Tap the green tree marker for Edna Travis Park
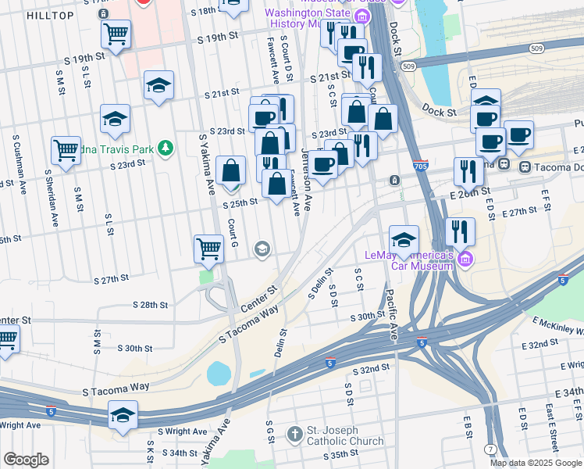click(165, 148)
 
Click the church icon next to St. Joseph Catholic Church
click(294, 433)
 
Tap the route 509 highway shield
click(409, 67)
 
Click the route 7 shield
click(489, 447)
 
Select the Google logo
click(25, 460)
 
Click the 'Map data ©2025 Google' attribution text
click(536, 463)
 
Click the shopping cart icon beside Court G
click(208, 249)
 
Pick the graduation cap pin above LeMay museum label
click(404, 239)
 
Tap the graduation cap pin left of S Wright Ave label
click(123, 414)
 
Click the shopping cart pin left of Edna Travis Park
click(66, 150)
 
